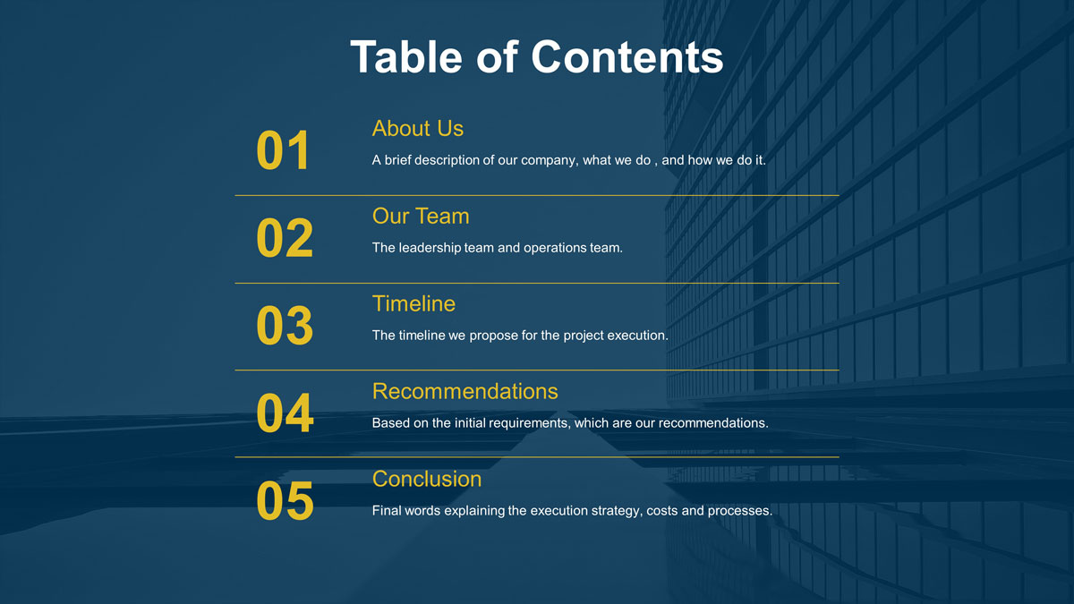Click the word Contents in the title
626,56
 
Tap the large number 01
283,150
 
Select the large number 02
285,238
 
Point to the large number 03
285,326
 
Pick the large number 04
285,413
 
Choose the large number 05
285,500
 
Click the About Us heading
417,129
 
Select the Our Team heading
420,217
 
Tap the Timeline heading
413,304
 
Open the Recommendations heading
465,392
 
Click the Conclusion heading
426,480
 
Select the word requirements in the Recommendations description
527,422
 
